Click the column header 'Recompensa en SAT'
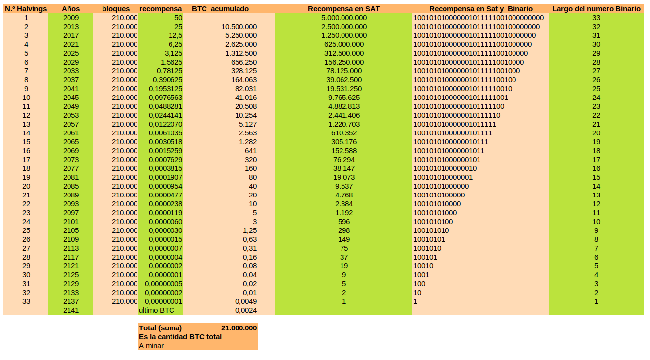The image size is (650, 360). point(343,9)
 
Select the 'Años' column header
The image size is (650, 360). point(70,9)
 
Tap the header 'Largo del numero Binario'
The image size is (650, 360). point(596,9)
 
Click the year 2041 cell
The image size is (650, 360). point(71,89)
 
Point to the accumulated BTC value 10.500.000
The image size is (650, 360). point(239,27)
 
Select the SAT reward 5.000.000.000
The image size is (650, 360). point(343,18)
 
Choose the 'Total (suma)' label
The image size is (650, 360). point(161,328)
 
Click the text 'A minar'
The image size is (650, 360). point(151,346)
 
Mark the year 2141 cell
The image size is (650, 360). point(71,310)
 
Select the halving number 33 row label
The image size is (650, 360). point(26,301)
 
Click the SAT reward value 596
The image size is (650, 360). point(343,222)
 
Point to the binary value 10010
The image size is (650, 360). point(423,266)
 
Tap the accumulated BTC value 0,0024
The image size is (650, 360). point(246,310)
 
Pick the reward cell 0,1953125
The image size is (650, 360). point(166,89)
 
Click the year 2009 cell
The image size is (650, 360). point(71,18)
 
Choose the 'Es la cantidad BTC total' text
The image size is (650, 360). point(180,337)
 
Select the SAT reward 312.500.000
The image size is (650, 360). point(343,53)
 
